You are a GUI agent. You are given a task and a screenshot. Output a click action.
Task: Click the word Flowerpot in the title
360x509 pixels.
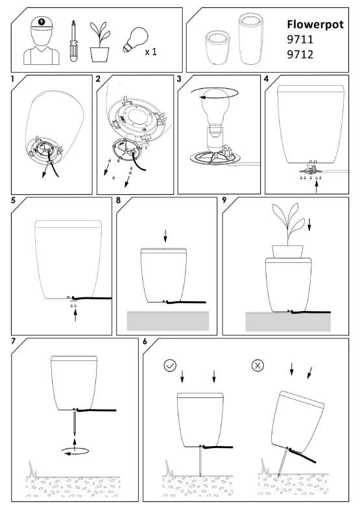(x=315, y=25)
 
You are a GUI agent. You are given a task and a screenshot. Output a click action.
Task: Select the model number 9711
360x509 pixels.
(x=300, y=40)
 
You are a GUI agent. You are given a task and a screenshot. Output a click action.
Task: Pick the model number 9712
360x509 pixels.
(x=300, y=55)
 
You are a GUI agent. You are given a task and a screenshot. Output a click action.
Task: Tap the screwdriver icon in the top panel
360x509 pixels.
(x=74, y=41)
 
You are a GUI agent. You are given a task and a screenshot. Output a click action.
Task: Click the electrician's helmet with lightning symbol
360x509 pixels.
(x=42, y=24)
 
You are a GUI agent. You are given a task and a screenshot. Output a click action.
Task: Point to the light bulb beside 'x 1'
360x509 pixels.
(x=135, y=40)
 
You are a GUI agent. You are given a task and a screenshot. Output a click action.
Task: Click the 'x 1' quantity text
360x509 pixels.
(x=150, y=52)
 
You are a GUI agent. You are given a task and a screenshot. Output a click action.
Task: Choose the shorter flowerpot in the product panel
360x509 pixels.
(x=218, y=47)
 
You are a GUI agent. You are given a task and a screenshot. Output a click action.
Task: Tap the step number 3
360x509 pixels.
(x=179, y=79)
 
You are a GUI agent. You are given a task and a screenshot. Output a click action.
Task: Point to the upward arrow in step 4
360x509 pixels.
(x=317, y=187)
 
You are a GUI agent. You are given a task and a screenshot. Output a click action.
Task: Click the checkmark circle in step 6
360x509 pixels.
(x=170, y=366)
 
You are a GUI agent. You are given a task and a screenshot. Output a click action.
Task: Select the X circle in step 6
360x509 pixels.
(x=258, y=366)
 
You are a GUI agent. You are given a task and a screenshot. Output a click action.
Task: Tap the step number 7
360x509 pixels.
(x=13, y=341)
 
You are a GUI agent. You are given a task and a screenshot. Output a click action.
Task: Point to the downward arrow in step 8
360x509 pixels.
(x=165, y=236)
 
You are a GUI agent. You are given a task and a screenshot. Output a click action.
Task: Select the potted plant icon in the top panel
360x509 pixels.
(x=100, y=42)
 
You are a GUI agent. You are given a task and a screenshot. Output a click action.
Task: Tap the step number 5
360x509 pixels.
(x=13, y=201)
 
